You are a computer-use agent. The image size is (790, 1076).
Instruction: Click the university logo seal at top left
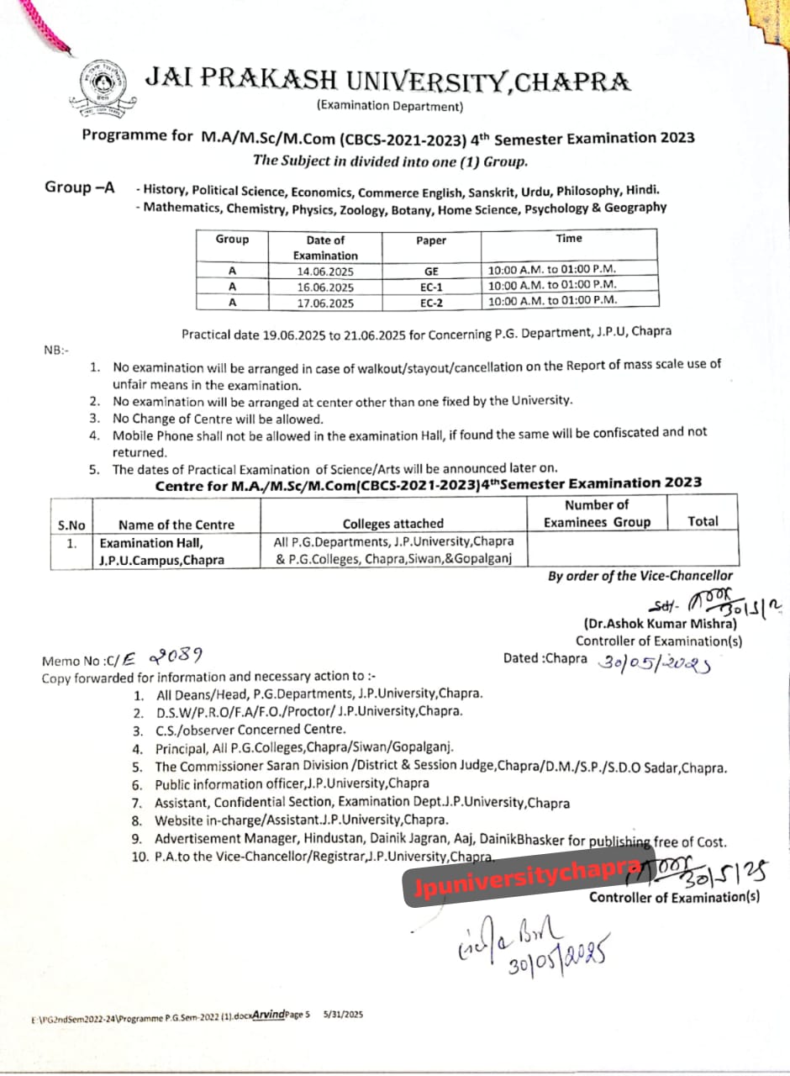pyautogui.click(x=98, y=91)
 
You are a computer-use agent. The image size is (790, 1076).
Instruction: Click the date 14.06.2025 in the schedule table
pyautogui.click(x=325, y=272)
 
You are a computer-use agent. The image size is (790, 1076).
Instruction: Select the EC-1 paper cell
pyautogui.click(x=431, y=287)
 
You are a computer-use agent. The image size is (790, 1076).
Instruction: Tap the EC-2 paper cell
pyautogui.click(x=431, y=303)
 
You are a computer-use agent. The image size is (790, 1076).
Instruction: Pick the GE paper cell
pyautogui.click(x=431, y=272)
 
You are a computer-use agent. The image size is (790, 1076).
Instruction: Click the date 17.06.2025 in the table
pyautogui.click(x=325, y=303)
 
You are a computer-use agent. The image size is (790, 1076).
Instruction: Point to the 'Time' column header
pyautogui.click(x=568, y=239)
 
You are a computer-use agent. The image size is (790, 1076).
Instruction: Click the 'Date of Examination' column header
pyautogui.click(x=325, y=247)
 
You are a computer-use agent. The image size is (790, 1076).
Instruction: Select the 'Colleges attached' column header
pyautogui.click(x=393, y=523)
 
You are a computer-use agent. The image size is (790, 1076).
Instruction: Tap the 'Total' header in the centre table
pyautogui.click(x=703, y=521)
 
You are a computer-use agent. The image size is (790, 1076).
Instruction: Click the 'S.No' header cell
pyautogui.click(x=71, y=525)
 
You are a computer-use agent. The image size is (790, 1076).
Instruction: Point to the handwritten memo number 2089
pyautogui.click(x=175, y=657)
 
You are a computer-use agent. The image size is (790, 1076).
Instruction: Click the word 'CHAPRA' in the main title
pyautogui.click(x=571, y=82)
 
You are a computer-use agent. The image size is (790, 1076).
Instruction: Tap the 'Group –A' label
pyautogui.click(x=80, y=188)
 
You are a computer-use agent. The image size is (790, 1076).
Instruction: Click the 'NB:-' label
pyautogui.click(x=56, y=350)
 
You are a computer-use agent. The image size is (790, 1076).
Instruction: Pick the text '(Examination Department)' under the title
pyautogui.click(x=389, y=106)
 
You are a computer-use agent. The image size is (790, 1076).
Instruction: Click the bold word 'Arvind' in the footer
pyautogui.click(x=269, y=1015)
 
